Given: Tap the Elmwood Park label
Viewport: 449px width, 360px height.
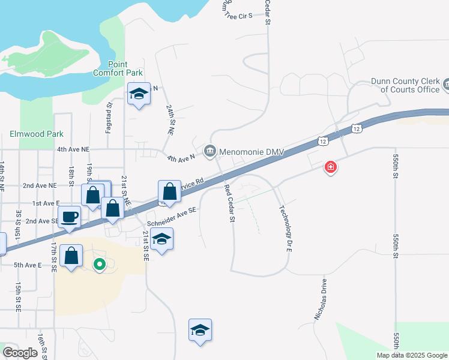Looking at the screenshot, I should [37, 134].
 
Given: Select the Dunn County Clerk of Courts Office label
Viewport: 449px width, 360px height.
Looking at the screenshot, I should [405, 85].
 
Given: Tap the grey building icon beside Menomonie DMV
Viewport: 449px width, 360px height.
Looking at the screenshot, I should [209, 151].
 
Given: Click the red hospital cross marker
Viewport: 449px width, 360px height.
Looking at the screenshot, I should [330, 167].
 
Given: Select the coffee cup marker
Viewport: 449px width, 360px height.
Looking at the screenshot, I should [69, 217].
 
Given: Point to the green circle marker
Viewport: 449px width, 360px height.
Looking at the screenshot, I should [100, 263].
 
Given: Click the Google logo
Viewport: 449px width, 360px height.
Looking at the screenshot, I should [20, 352].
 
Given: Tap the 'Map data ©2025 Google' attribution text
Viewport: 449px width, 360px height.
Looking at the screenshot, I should [412, 355].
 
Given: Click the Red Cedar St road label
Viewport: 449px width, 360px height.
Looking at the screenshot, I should [229, 204].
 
